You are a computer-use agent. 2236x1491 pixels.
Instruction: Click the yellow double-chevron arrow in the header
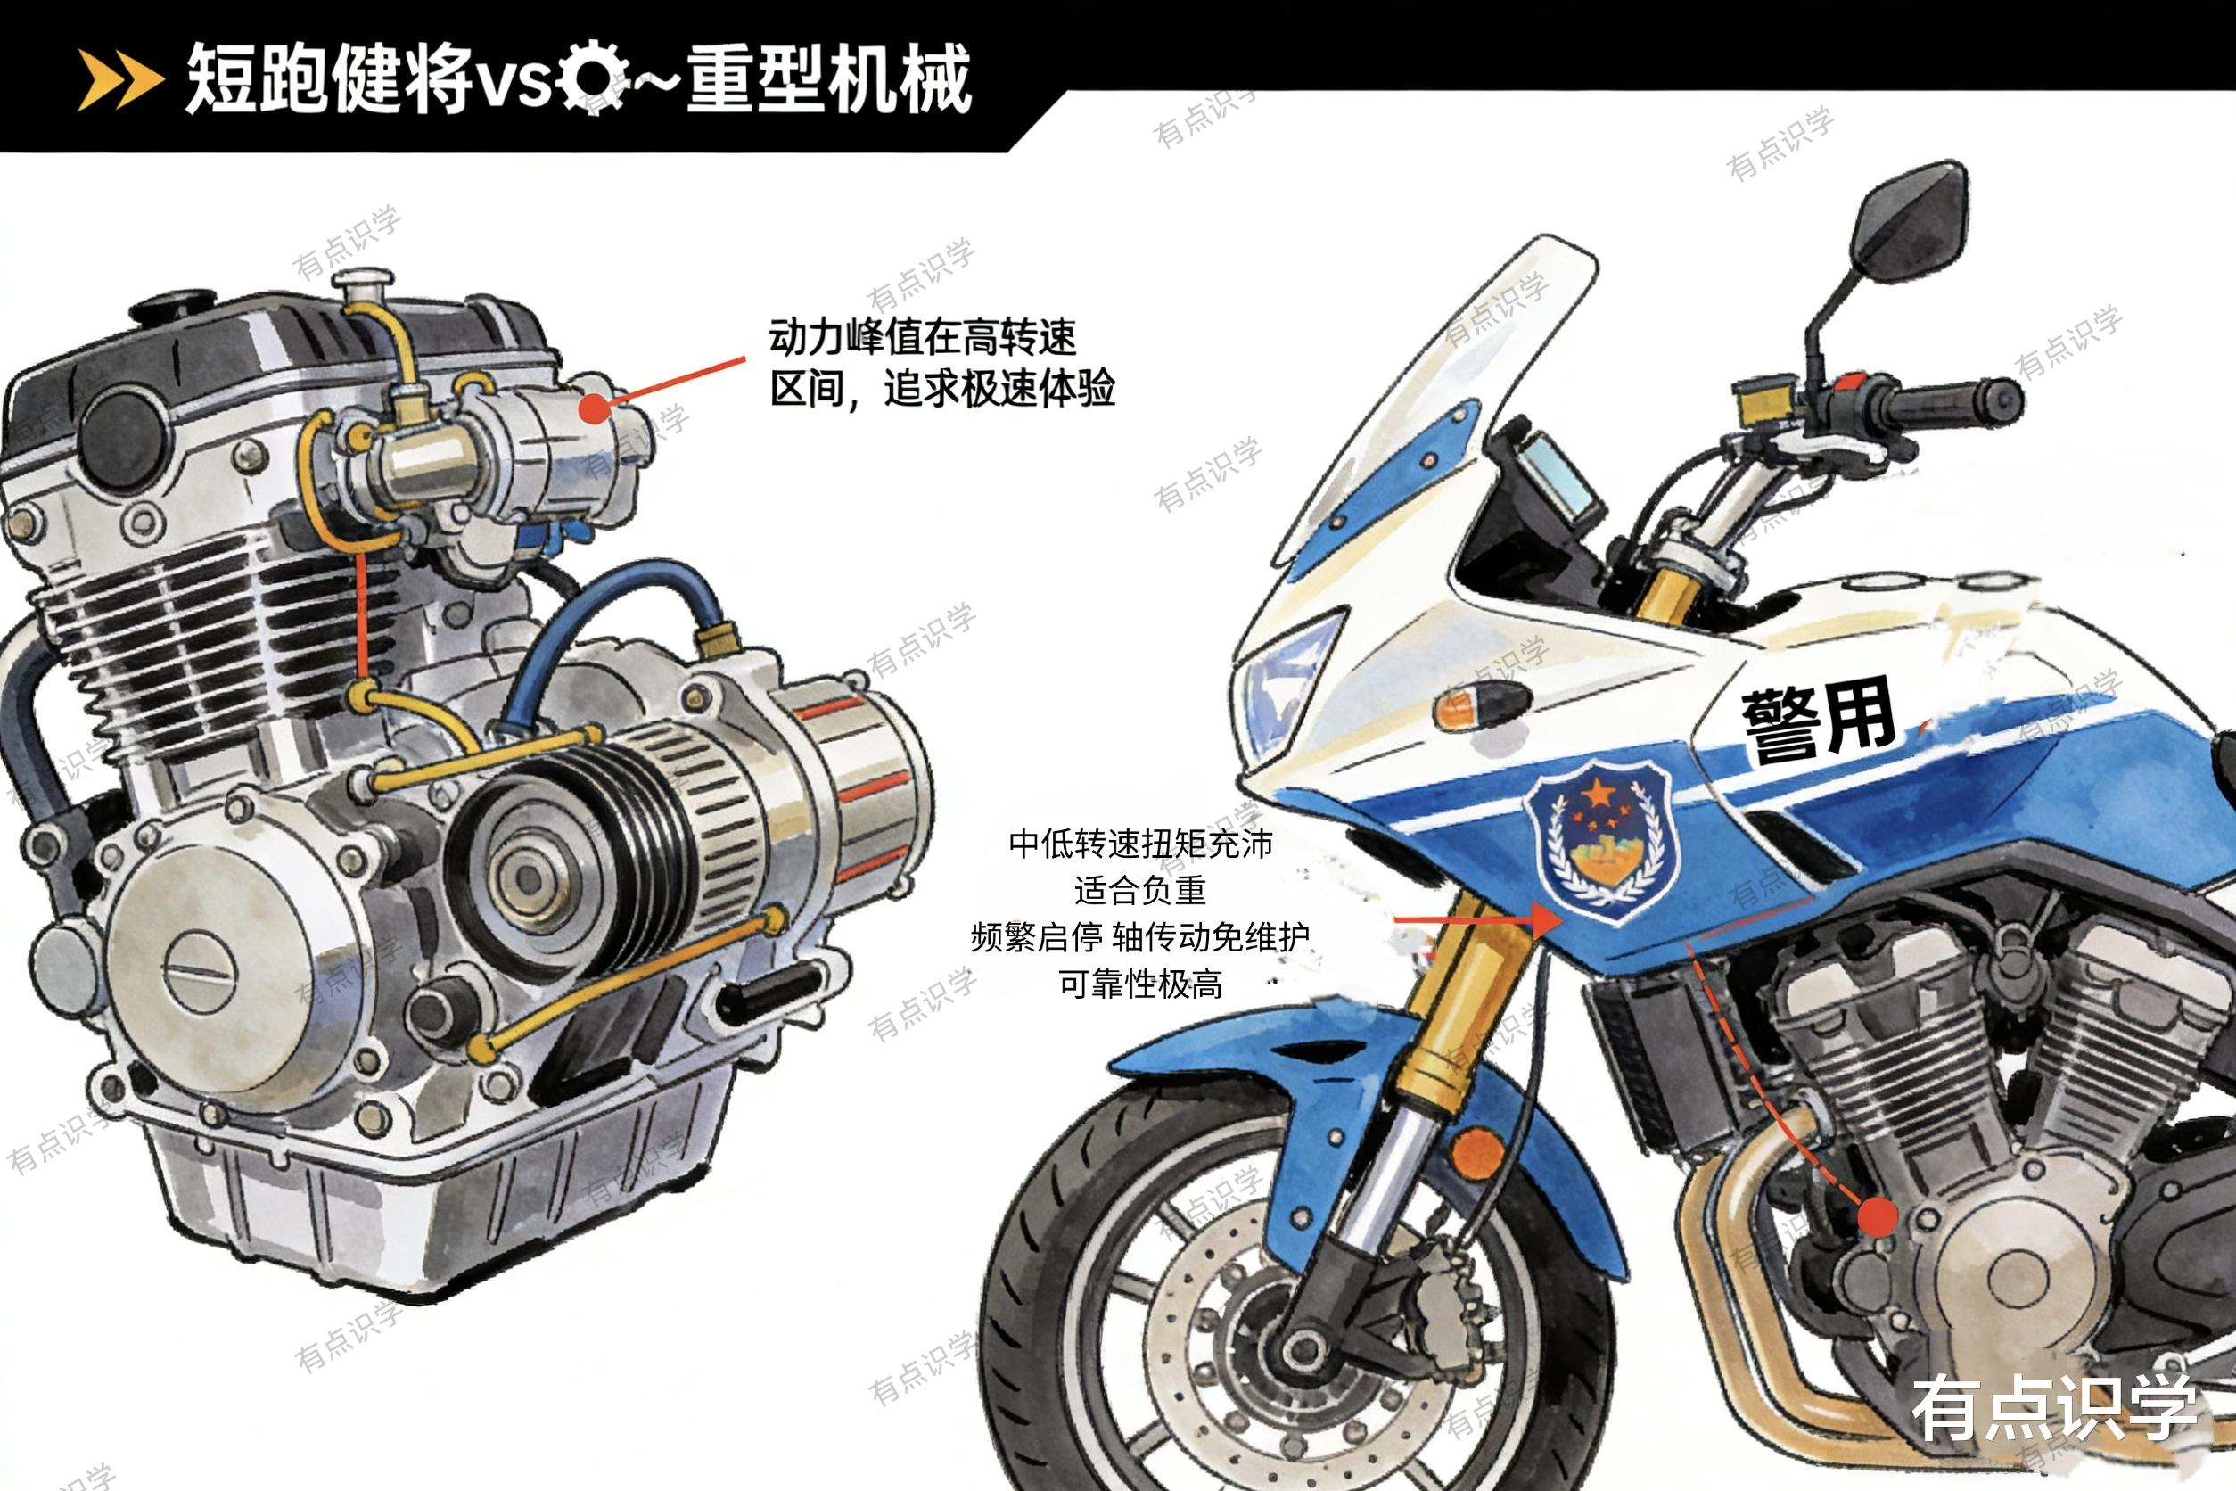pyautogui.click(x=119, y=80)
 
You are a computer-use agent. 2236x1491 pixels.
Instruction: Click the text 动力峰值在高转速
pyautogui.click(x=922, y=338)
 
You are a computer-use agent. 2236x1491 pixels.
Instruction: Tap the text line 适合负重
pyautogui.click(x=1140, y=891)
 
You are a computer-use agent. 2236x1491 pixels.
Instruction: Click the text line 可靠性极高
pyautogui.click(x=1140, y=984)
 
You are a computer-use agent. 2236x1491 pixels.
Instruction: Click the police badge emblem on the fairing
pyautogui.click(x=1603, y=841)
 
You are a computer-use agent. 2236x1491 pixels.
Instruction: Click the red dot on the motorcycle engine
pyautogui.click(x=1877, y=1216)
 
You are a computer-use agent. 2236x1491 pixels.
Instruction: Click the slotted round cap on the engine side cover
pyautogui.click(x=199, y=971)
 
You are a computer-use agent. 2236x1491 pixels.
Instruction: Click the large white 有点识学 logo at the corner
pyautogui.click(x=2054, y=1408)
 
